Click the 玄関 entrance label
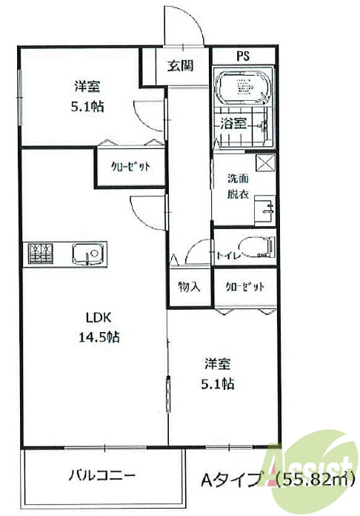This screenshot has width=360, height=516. pyautogui.click(x=180, y=66)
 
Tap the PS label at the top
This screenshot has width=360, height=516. pyautogui.click(x=243, y=56)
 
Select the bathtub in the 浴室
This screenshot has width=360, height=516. pyautogui.click(x=244, y=87)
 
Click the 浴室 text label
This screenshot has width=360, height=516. pyautogui.click(x=234, y=124)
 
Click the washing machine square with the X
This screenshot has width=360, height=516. pyautogui.click(x=264, y=163)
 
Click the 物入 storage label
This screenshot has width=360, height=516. pyautogui.click(x=189, y=287)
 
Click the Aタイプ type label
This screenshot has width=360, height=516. pyautogui.click(x=230, y=480)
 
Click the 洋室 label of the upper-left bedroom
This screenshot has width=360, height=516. pyautogui.click(x=87, y=85)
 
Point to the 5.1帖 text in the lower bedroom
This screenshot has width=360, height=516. pyautogui.click(x=219, y=384)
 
